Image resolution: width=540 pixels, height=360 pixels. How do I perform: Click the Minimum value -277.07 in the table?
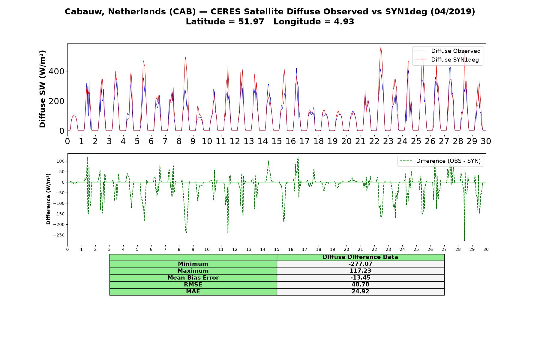[x=360, y=264]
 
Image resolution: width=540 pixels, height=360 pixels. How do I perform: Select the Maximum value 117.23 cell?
[x=360, y=271]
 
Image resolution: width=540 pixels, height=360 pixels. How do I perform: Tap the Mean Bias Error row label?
[x=193, y=278]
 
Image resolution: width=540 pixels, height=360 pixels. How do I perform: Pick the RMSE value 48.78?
[x=360, y=285]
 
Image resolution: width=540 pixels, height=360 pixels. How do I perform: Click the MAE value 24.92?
[x=360, y=292]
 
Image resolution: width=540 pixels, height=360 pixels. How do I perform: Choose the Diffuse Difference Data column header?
[x=360, y=257]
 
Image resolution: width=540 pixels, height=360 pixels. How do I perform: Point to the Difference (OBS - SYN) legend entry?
[x=440, y=161]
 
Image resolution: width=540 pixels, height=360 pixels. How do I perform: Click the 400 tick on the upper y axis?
[x=58, y=71]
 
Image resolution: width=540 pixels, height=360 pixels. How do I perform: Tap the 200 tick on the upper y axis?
[x=58, y=101]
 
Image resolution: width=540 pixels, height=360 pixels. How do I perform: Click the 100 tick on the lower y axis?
[x=61, y=161]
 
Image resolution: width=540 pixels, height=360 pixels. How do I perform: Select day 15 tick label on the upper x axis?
[x=277, y=141]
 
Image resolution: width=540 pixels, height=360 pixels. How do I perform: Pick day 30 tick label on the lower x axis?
[x=486, y=249]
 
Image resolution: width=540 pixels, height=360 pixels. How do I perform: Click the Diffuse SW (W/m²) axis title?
[x=43, y=89]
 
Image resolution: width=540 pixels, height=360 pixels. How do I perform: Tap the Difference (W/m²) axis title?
[x=48, y=199]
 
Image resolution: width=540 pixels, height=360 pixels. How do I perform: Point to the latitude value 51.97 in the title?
[x=251, y=22]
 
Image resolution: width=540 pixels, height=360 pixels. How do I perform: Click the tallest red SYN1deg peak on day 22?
[x=381, y=47]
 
